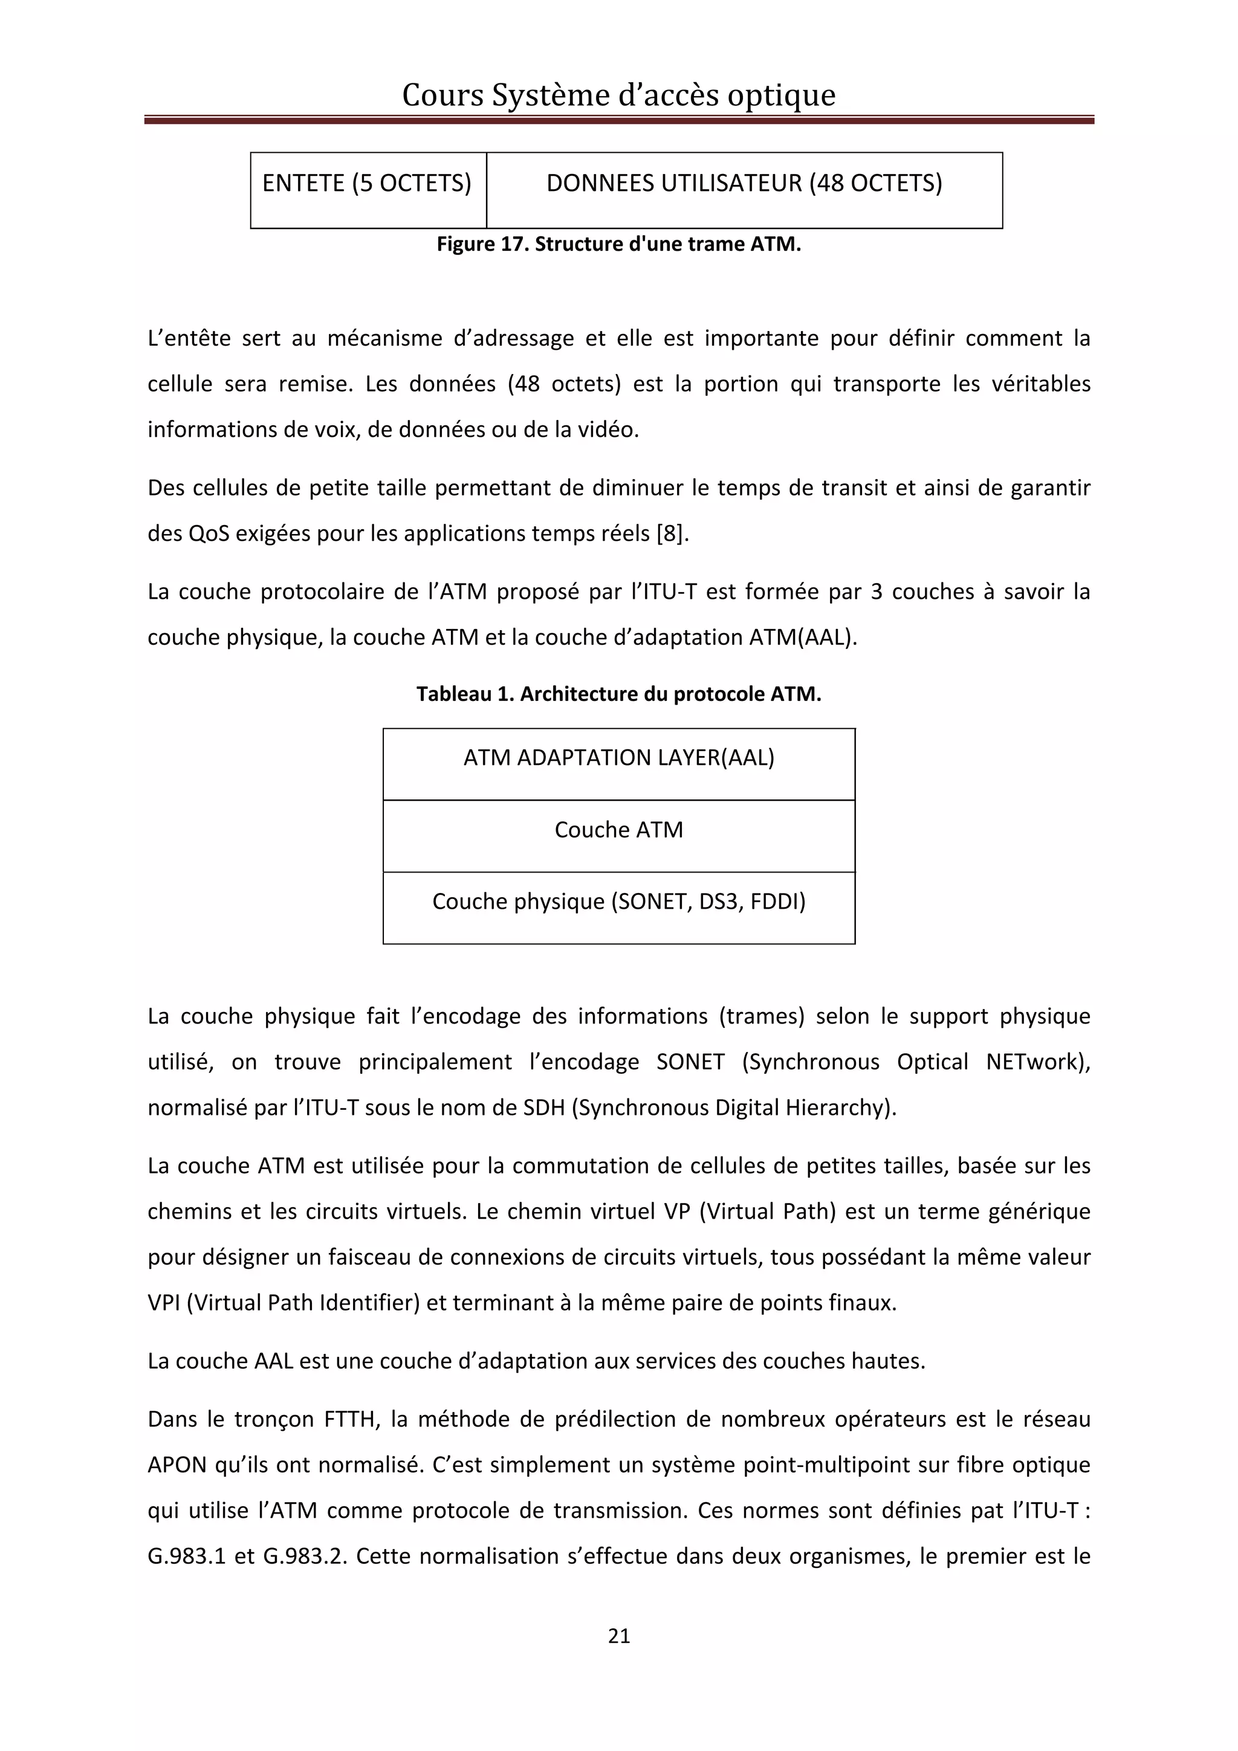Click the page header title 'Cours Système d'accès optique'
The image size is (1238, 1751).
pyautogui.click(x=618, y=95)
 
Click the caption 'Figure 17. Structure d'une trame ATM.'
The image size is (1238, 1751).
pyautogui.click(x=618, y=244)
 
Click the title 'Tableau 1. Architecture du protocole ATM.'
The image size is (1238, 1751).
pyautogui.click(x=618, y=694)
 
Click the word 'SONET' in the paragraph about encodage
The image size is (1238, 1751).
pyautogui.click(x=690, y=1062)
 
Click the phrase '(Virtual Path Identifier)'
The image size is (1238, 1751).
pyautogui.click(x=303, y=1303)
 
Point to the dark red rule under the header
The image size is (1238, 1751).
pyautogui.click(x=618, y=120)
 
